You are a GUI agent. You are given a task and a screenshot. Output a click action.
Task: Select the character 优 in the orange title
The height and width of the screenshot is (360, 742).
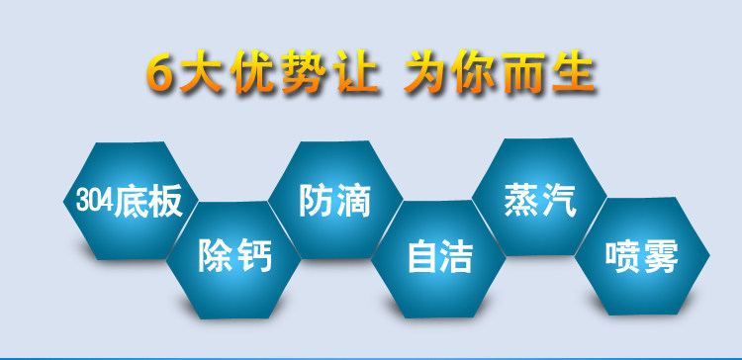pyautogui.click(x=253, y=72)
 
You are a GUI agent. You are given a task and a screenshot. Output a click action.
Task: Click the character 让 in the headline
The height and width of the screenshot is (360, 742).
pyautogui.click(x=356, y=72)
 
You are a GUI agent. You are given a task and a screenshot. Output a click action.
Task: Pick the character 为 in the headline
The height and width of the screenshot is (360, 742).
pyautogui.click(x=426, y=72)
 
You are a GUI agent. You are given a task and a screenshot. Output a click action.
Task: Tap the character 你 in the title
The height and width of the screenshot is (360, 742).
pyautogui.click(x=475, y=72)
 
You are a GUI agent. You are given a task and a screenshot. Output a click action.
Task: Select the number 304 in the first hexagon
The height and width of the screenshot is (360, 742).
pyautogui.click(x=95, y=201)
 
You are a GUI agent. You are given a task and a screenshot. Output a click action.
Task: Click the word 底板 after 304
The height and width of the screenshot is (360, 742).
pyautogui.click(x=148, y=202)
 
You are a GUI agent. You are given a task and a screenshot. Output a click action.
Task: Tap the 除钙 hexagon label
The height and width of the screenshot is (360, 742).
pyautogui.click(x=234, y=255)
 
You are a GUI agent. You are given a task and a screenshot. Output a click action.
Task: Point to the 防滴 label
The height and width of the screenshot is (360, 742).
pyautogui.click(x=334, y=201)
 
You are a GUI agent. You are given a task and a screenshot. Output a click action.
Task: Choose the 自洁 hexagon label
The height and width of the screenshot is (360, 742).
pyautogui.click(x=440, y=256)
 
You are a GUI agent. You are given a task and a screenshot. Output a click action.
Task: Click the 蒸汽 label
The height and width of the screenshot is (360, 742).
pyautogui.click(x=540, y=200)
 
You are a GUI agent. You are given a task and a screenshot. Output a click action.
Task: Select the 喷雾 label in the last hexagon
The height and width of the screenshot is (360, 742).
pyautogui.click(x=642, y=257)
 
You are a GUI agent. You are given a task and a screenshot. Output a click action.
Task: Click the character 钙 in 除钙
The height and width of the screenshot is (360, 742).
pyautogui.click(x=254, y=255)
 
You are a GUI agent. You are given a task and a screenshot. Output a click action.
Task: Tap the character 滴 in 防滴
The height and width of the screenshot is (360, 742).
pyautogui.click(x=353, y=201)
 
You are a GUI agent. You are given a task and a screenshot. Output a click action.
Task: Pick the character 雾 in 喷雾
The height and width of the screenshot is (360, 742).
pyautogui.click(x=661, y=257)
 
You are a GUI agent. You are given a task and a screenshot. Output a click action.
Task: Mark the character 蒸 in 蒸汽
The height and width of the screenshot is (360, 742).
pyautogui.click(x=521, y=200)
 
